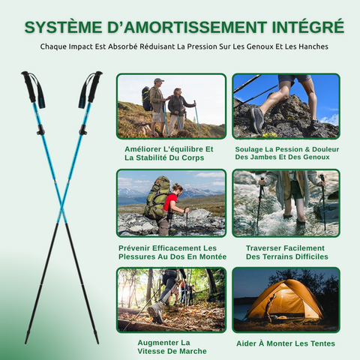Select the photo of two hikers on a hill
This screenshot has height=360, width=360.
[171, 106]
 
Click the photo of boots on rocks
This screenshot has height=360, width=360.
[286, 106]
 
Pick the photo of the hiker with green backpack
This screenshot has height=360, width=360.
[171, 202]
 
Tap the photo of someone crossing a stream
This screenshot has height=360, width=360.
[286, 202]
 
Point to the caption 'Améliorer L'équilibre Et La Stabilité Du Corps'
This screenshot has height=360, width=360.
[169, 153]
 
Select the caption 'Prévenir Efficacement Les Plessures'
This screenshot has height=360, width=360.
[172, 251]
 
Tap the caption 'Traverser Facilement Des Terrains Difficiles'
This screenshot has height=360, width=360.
[285, 251]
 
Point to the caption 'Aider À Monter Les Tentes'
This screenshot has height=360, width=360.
[285, 343]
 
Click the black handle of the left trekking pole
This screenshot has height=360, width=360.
[29, 86]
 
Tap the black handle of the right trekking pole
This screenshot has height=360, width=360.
[92, 86]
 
